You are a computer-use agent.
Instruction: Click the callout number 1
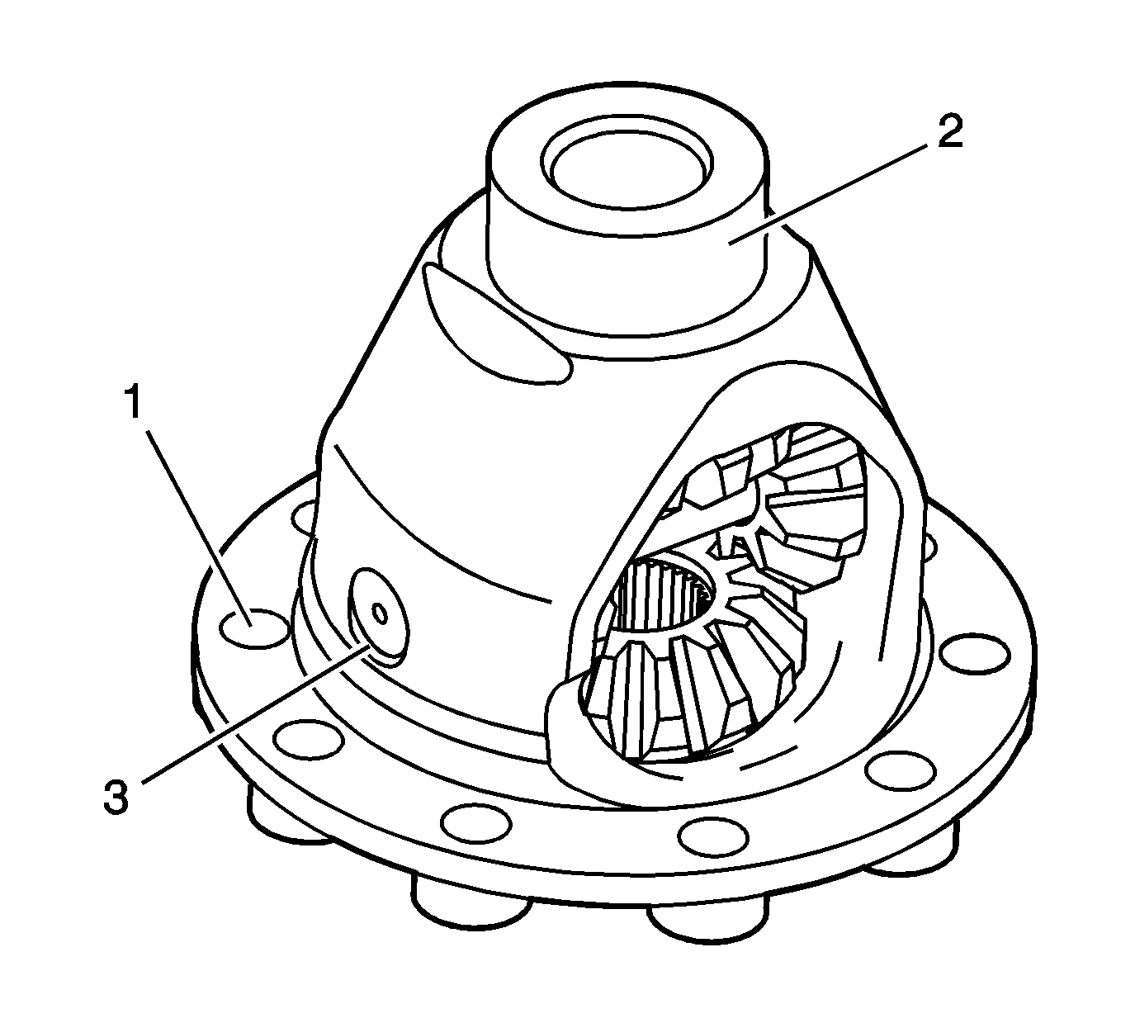coord(134,401)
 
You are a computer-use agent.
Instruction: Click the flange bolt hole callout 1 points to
coord(254,628)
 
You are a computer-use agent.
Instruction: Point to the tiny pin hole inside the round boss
coord(379,613)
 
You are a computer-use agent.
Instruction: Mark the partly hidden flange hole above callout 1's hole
coord(304,514)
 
